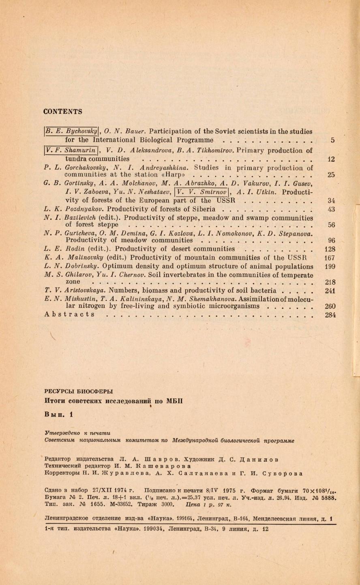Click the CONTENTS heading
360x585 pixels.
click(62, 112)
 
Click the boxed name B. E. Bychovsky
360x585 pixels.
click(71, 131)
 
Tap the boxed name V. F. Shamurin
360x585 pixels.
click(71, 150)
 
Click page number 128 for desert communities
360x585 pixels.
click(330, 249)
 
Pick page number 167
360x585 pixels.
click(330, 258)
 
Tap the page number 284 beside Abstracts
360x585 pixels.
click(330, 314)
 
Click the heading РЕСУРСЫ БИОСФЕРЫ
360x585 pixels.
click(78, 391)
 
